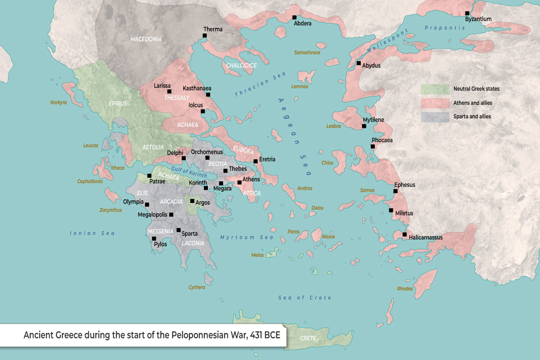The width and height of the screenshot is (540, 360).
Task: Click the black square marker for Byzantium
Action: tap(467, 13)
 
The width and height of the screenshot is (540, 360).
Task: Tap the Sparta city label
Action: tap(189, 234)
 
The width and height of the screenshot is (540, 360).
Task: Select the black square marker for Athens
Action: tap(239, 182)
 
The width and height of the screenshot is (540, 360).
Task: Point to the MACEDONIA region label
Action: tap(146, 39)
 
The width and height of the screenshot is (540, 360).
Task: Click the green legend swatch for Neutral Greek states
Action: tap(435, 89)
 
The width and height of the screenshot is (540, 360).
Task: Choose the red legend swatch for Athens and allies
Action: tap(435, 103)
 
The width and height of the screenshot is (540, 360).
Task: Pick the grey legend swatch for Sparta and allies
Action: tap(435, 117)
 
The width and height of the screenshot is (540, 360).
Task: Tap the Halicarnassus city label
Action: tap(426, 237)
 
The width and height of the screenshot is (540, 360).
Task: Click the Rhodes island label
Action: tap(405, 288)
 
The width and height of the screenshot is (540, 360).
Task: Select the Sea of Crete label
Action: tap(305, 298)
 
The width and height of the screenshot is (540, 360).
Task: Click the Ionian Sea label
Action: tap(92, 233)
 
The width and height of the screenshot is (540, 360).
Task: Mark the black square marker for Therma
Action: tap(205, 36)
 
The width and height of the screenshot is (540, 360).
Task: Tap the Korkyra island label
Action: tap(58, 103)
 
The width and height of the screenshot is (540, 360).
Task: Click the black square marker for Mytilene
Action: tap(364, 126)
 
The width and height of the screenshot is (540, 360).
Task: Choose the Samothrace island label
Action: tap(307, 53)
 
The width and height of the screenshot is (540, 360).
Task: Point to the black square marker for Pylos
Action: tap(154, 238)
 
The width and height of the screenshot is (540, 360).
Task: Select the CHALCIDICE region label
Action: tap(241, 66)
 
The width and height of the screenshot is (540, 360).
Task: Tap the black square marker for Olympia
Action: tap(147, 204)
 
